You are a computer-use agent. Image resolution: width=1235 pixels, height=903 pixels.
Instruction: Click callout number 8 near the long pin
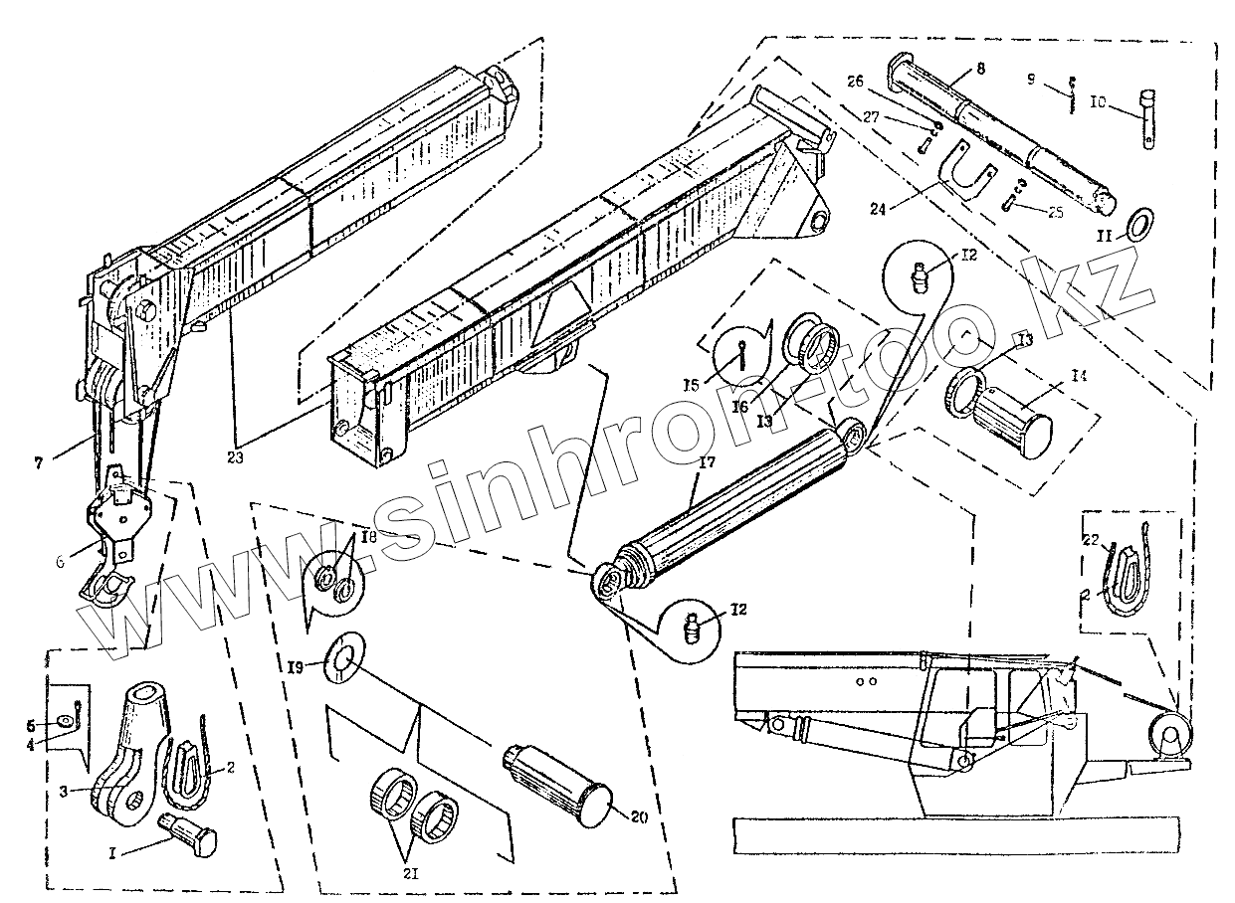(980, 71)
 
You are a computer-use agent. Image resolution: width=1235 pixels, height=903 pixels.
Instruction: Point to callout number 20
(639, 817)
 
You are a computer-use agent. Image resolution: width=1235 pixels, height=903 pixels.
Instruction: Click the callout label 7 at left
(39, 462)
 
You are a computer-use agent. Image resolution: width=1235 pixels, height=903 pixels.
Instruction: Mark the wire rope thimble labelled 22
(1126, 582)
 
